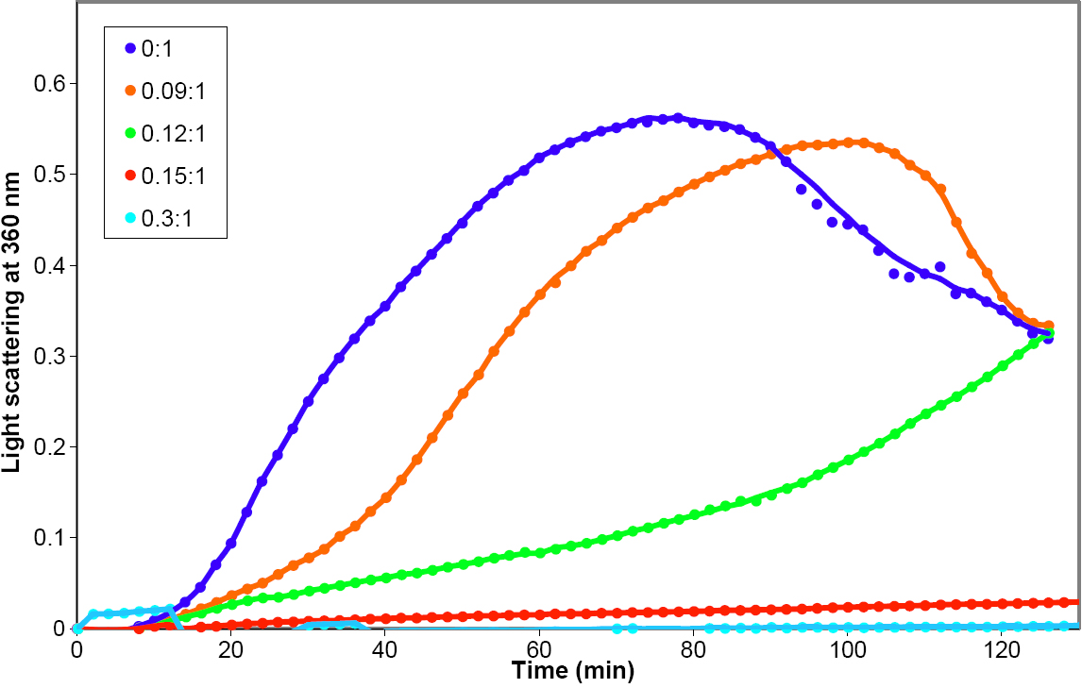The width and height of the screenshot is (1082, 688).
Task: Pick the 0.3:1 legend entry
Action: point(162,221)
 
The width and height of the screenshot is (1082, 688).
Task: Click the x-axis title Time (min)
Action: point(572,671)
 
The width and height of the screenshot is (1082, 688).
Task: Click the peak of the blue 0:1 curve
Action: point(678,118)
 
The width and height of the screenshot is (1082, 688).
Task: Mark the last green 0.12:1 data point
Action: point(1048,333)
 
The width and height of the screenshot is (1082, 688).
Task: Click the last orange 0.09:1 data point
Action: point(1048,326)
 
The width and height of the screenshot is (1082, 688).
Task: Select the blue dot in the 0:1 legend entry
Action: point(129,47)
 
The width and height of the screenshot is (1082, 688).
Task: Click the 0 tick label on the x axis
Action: point(76,650)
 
